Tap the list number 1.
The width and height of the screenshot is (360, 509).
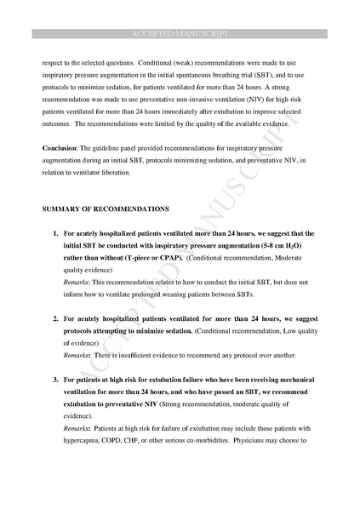55,233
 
